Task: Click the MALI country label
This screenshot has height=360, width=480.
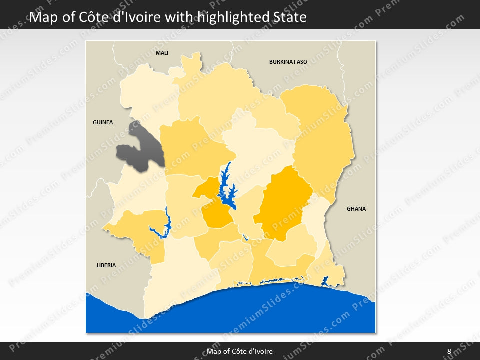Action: (x=162, y=53)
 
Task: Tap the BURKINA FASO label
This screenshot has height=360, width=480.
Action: (x=288, y=62)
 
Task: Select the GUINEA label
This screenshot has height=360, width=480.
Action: (x=103, y=122)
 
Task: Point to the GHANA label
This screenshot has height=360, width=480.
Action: (x=356, y=209)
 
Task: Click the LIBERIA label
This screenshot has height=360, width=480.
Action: (x=106, y=265)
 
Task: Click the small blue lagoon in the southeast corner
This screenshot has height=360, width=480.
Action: (x=325, y=281)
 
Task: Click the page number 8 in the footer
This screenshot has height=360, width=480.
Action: (x=449, y=351)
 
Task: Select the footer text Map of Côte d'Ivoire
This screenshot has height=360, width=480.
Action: (x=240, y=351)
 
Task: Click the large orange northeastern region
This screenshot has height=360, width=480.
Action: (x=320, y=135)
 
